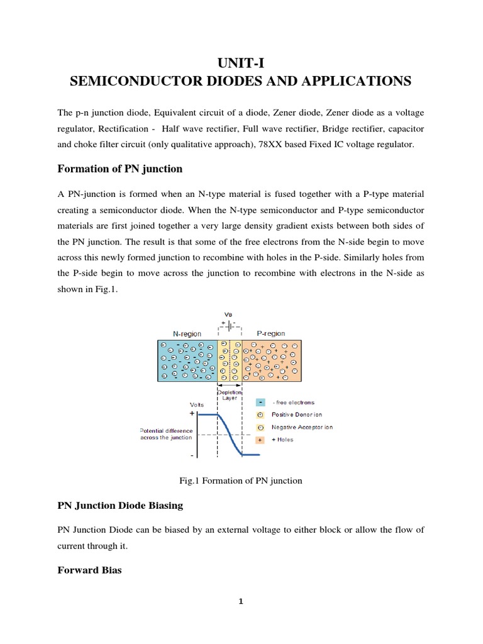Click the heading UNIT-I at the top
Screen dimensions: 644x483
pyautogui.click(x=241, y=62)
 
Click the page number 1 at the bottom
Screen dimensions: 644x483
pyautogui.click(x=240, y=601)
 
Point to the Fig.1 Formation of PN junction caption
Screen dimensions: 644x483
pyautogui.click(x=241, y=480)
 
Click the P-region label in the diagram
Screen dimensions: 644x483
pyautogui.click(x=270, y=333)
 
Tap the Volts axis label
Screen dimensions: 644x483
pyautogui.click(x=197, y=404)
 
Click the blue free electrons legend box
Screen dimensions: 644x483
pyautogui.click(x=260, y=402)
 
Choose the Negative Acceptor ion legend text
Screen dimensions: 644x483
pyautogui.click(x=302, y=427)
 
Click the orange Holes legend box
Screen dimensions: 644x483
pyautogui.click(x=260, y=440)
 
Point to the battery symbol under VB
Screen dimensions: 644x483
pyautogui.click(x=229, y=325)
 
